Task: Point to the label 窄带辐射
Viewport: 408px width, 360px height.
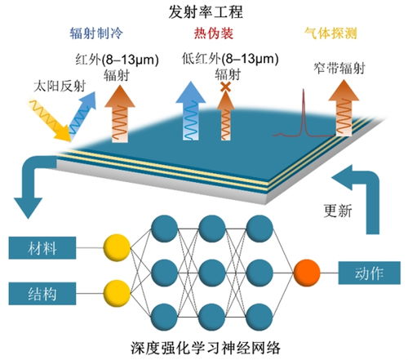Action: [x=337, y=70]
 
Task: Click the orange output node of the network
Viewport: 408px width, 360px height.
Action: [x=308, y=270]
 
